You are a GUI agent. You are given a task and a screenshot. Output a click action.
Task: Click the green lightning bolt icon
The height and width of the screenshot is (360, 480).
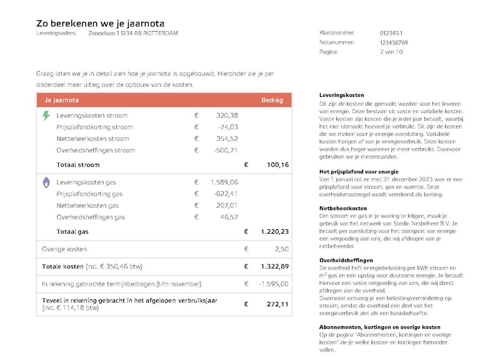tap(46, 116)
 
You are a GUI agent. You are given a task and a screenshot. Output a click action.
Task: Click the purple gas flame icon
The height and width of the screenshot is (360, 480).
tap(46, 182)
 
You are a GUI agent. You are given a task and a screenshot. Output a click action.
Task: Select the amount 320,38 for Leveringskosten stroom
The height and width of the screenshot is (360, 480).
tap(227, 116)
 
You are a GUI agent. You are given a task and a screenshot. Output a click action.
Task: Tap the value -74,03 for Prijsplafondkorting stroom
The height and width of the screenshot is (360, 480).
tap(227, 127)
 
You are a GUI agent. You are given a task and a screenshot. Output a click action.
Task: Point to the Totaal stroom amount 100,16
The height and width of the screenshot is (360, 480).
tap(277, 165)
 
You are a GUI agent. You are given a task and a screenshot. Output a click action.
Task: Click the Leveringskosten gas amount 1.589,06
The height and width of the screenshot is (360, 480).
tap(224, 182)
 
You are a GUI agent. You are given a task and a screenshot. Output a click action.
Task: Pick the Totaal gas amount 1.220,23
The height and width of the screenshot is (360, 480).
tap(274, 231)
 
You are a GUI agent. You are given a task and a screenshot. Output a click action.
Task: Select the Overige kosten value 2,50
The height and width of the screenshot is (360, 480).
tap(281, 249)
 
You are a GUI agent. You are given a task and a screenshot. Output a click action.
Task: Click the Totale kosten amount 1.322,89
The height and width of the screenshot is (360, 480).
tap(274, 266)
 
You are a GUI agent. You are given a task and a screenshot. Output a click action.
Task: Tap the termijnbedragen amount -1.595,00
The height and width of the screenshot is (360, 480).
tap(274, 284)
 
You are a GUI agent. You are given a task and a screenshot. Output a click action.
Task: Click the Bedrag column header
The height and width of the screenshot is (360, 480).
tap(272, 100)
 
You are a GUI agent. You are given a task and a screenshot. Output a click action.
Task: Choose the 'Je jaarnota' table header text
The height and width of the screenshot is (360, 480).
tap(61, 100)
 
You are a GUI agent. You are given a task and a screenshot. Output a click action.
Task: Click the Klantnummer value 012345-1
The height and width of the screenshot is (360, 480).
tap(391, 33)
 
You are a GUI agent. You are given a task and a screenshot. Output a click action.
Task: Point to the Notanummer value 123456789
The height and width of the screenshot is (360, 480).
tap(394, 42)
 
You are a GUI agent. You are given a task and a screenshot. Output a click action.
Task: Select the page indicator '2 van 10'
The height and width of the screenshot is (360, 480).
tap(391, 52)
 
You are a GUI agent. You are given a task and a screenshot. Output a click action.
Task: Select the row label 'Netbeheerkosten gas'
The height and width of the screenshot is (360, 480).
tap(87, 205)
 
